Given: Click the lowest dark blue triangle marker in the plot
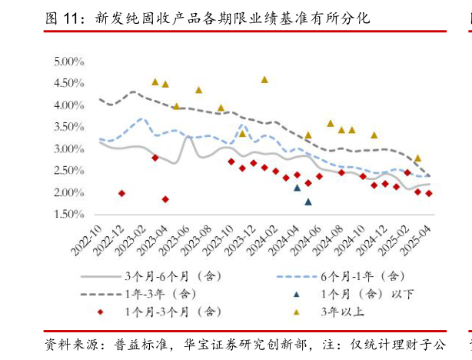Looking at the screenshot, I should (x=308, y=202).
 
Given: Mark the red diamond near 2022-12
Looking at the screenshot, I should (x=121, y=193).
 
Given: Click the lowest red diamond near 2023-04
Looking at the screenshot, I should (x=165, y=199).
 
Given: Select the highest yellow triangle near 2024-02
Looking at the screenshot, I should (x=264, y=79).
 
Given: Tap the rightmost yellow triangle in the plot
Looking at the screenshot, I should (x=417, y=158).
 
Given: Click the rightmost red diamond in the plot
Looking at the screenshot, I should (x=428, y=193).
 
